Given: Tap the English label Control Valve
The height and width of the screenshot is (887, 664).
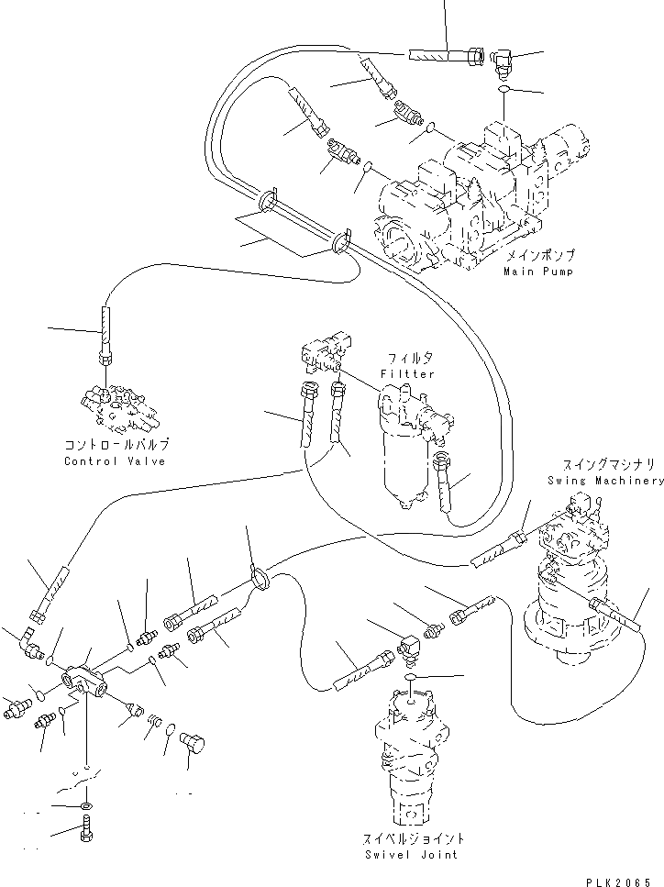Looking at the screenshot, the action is tap(115, 461).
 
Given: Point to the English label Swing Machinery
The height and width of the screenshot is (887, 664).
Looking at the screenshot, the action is tap(605, 481).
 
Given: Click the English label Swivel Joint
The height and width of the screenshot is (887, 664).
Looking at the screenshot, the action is tap(411, 854).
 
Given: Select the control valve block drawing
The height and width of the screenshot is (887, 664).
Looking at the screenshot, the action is tap(119, 406).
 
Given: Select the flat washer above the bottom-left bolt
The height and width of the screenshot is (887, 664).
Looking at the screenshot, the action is tap(86, 805).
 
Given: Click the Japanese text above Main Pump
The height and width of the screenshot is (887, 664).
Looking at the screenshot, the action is tap(539, 254).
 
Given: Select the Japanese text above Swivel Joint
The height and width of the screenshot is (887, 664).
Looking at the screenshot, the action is tap(411, 837).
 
